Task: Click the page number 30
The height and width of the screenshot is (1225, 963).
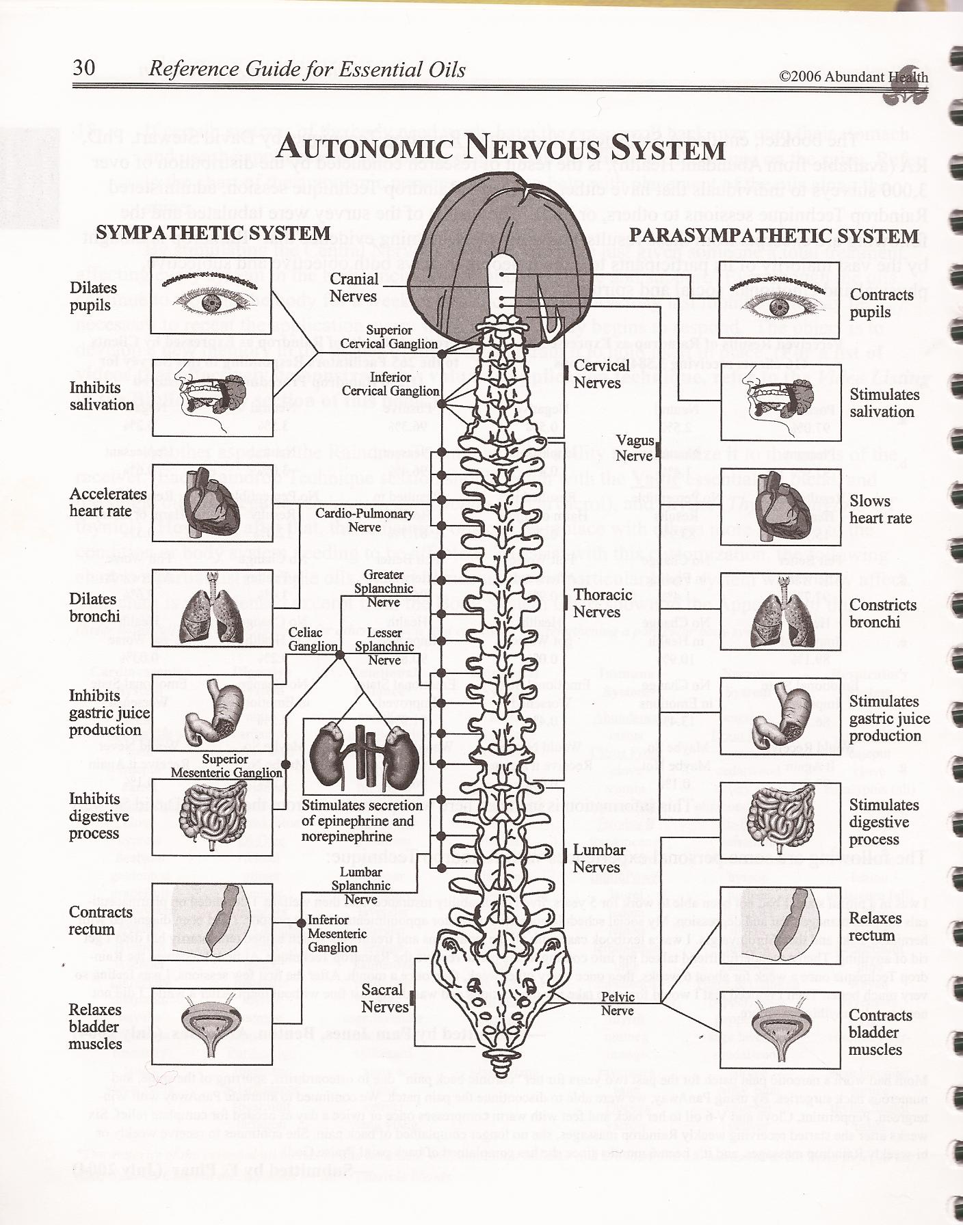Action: point(84,68)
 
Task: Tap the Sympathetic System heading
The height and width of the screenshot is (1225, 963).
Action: point(213,233)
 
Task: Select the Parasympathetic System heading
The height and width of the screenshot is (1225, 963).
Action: point(774,236)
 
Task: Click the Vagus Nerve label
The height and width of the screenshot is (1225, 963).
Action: point(635,448)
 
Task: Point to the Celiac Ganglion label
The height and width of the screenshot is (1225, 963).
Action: point(313,639)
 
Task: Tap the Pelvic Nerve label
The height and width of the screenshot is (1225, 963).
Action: point(617,1004)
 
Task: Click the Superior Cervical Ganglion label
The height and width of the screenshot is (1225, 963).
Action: point(388,337)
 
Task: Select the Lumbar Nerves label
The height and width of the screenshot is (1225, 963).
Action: point(599,859)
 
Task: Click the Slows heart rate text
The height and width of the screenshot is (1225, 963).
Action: point(880,509)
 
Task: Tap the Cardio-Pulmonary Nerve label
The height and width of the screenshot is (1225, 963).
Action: point(364,520)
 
